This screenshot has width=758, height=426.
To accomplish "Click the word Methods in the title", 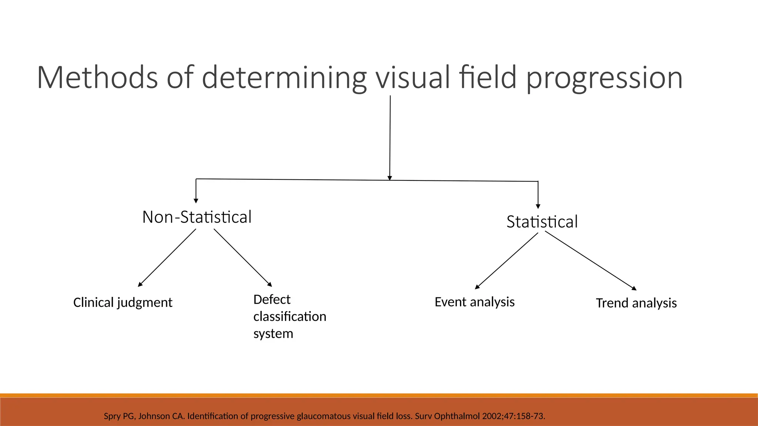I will pyautogui.click(x=97, y=77).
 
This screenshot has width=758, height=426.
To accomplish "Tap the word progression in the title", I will pyautogui.click(x=604, y=78).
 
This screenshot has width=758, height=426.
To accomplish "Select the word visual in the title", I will pyautogui.click(x=413, y=77).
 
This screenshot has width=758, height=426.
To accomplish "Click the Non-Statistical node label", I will pyautogui.click(x=197, y=217).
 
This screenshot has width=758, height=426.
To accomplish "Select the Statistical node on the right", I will pyautogui.click(x=542, y=222).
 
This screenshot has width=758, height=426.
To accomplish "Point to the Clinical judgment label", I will pyautogui.click(x=123, y=302).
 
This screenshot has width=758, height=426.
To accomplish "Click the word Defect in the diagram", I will pyautogui.click(x=272, y=300).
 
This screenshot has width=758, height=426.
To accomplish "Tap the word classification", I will pyautogui.click(x=289, y=317).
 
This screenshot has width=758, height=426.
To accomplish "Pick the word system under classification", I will pyautogui.click(x=273, y=334).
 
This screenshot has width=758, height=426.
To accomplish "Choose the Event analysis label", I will pyautogui.click(x=474, y=302).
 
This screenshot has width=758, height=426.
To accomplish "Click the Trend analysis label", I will pyautogui.click(x=636, y=303).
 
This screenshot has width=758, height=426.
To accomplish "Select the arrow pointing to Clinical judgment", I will pyautogui.click(x=167, y=258).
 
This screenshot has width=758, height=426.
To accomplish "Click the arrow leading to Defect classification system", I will pyautogui.click(x=243, y=258).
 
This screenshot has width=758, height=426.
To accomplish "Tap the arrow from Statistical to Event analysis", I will pyautogui.click(x=506, y=261).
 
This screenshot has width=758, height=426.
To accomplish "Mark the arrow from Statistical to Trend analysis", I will pyautogui.click(x=591, y=261).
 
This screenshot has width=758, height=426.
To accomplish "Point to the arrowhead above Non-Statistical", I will pyautogui.click(x=196, y=201).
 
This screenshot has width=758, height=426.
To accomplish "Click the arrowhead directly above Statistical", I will pyautogui.click(x=538, y=206).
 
